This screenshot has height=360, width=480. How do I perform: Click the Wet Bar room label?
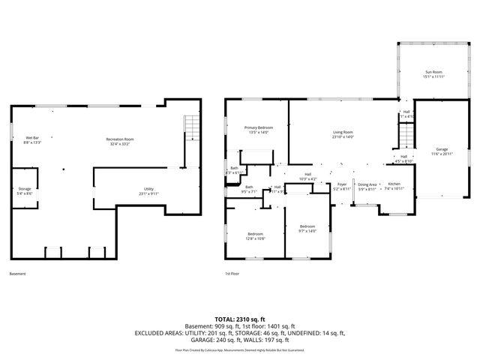32,140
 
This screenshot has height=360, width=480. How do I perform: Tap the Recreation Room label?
120,140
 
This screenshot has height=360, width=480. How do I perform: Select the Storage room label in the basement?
25,191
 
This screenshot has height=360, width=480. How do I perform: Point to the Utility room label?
148,190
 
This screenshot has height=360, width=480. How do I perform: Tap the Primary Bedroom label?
258,130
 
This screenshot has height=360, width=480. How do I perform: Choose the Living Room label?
343,135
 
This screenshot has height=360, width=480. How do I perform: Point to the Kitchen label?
394,186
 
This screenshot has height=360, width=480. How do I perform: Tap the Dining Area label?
367,186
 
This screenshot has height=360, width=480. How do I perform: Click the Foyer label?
342,186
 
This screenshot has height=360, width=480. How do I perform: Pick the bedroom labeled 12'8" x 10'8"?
256,236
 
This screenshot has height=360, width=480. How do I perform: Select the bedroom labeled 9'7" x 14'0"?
308,228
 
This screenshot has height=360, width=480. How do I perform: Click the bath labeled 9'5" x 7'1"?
248,189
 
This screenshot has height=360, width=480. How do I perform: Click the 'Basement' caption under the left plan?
18,274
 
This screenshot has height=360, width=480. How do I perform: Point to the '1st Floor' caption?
232,274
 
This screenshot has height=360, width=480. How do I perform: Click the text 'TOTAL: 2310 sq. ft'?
240,319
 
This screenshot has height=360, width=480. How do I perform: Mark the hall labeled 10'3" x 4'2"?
307,176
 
